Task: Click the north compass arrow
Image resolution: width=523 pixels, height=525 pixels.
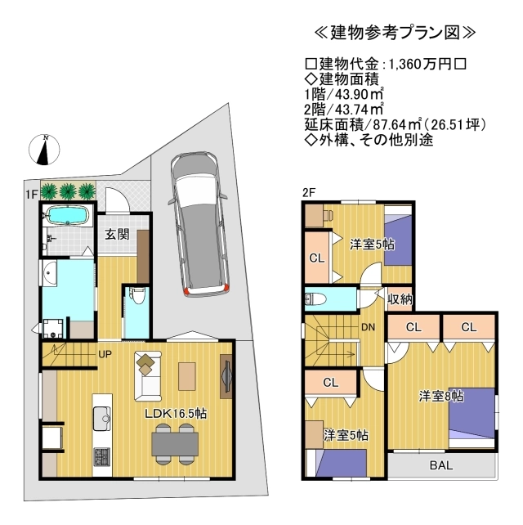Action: tap(46, 149)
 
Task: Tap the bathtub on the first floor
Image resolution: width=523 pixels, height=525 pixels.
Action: tap(66, 217)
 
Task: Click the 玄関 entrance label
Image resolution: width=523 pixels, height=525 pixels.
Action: tap(116, 234)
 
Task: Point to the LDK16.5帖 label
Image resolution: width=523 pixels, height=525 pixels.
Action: tap(176, 414)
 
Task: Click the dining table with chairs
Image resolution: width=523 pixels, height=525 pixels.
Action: tap(175, 442)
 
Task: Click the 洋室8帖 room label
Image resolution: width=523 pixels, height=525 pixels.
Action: tap(441, 396)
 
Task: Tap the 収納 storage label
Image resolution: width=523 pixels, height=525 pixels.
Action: tap(399, 298)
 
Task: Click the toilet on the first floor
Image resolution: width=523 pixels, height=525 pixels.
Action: tap(136, 297)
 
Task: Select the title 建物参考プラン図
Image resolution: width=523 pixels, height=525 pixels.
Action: tap(395, 34)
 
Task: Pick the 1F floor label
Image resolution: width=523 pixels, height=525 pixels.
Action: tap(31, 193)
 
